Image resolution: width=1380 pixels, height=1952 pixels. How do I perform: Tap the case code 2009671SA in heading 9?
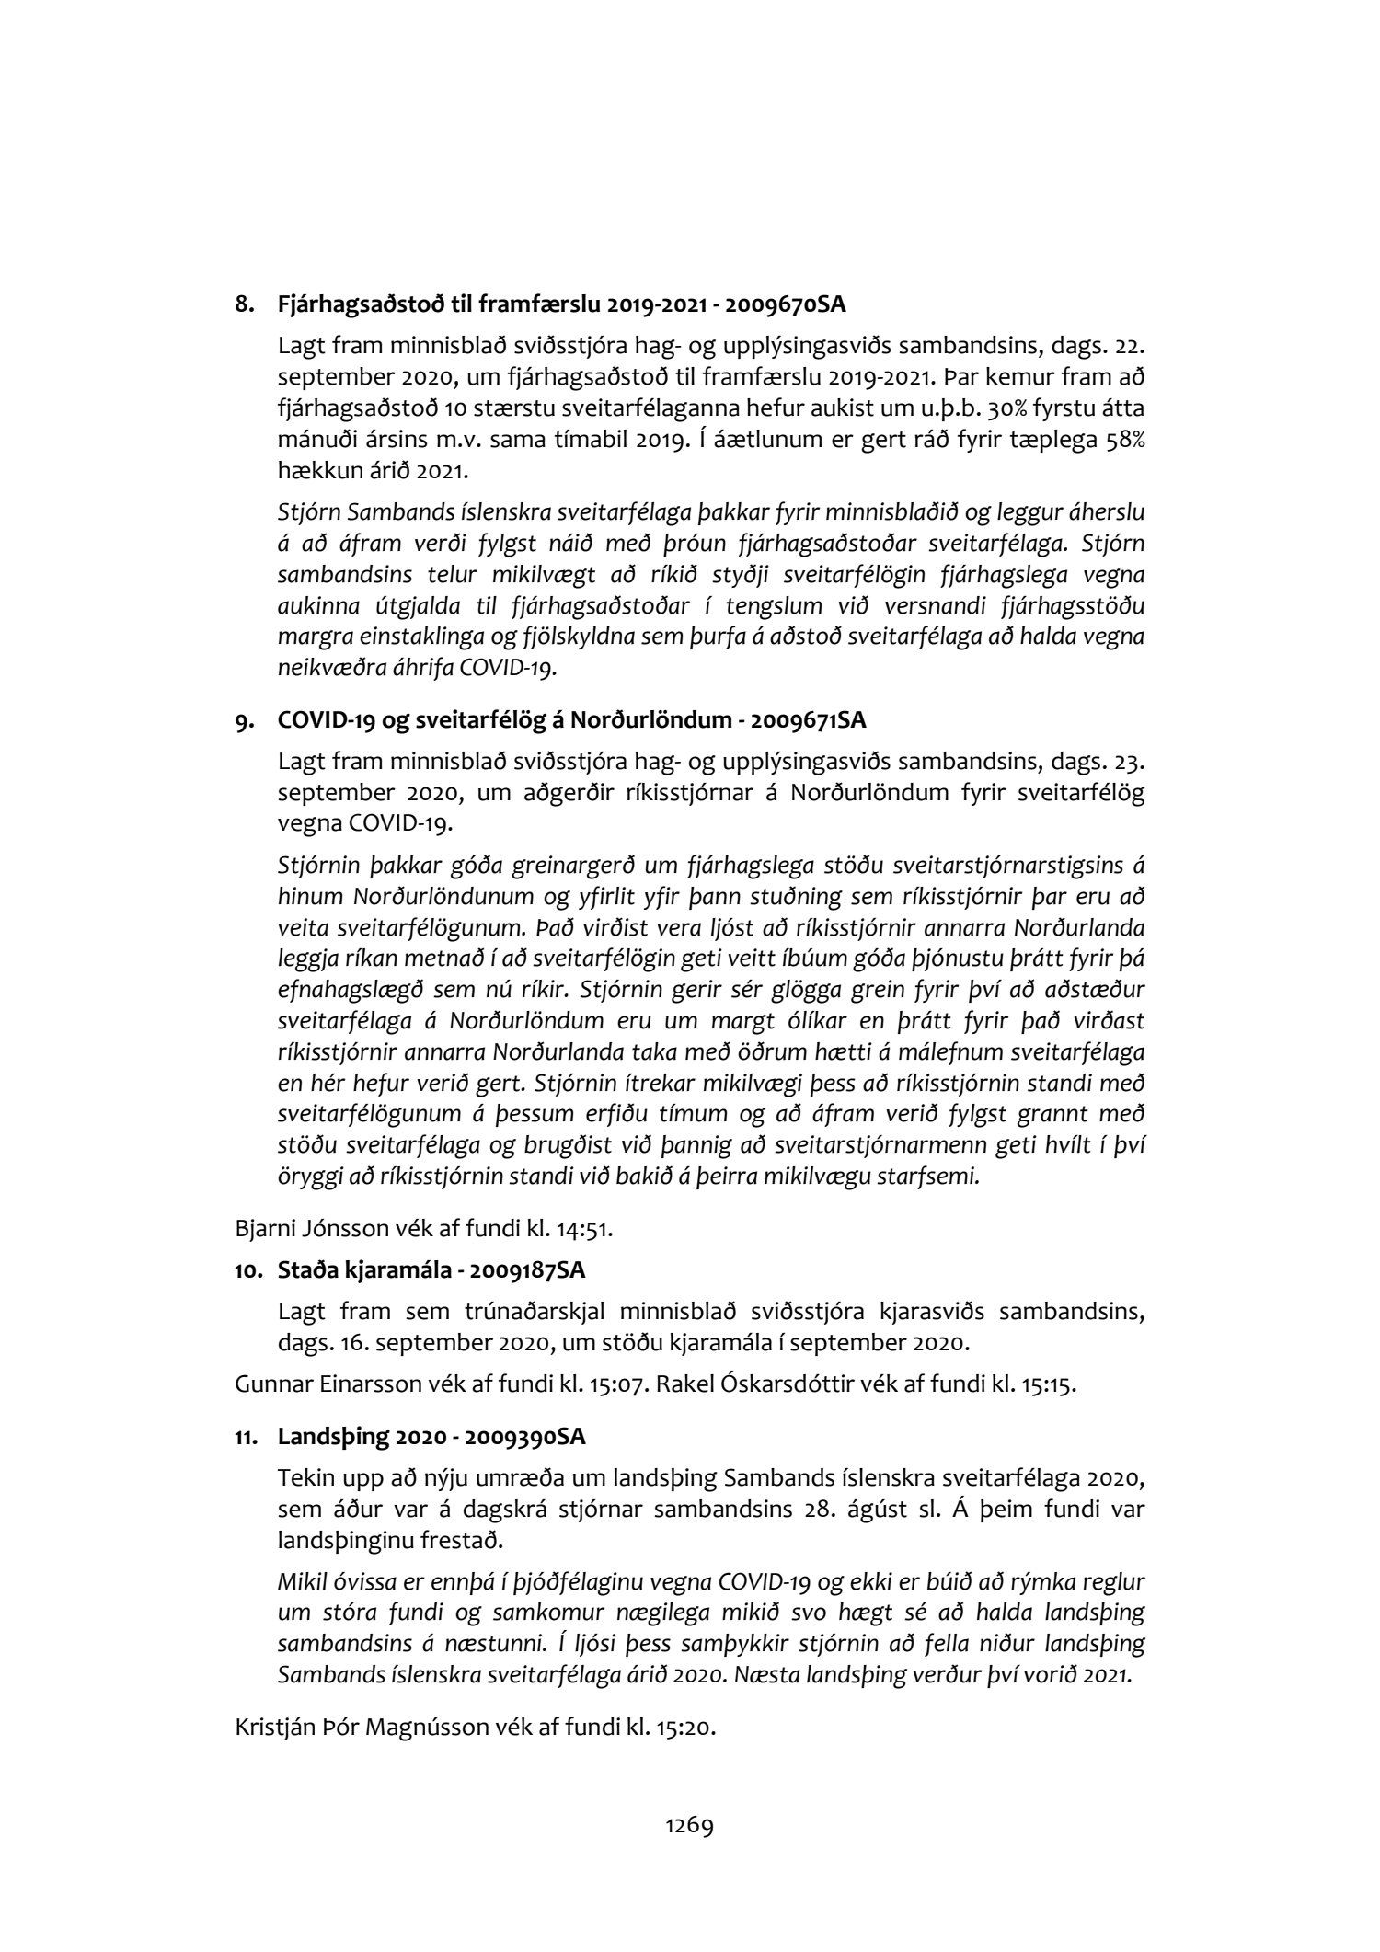(808, 721)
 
